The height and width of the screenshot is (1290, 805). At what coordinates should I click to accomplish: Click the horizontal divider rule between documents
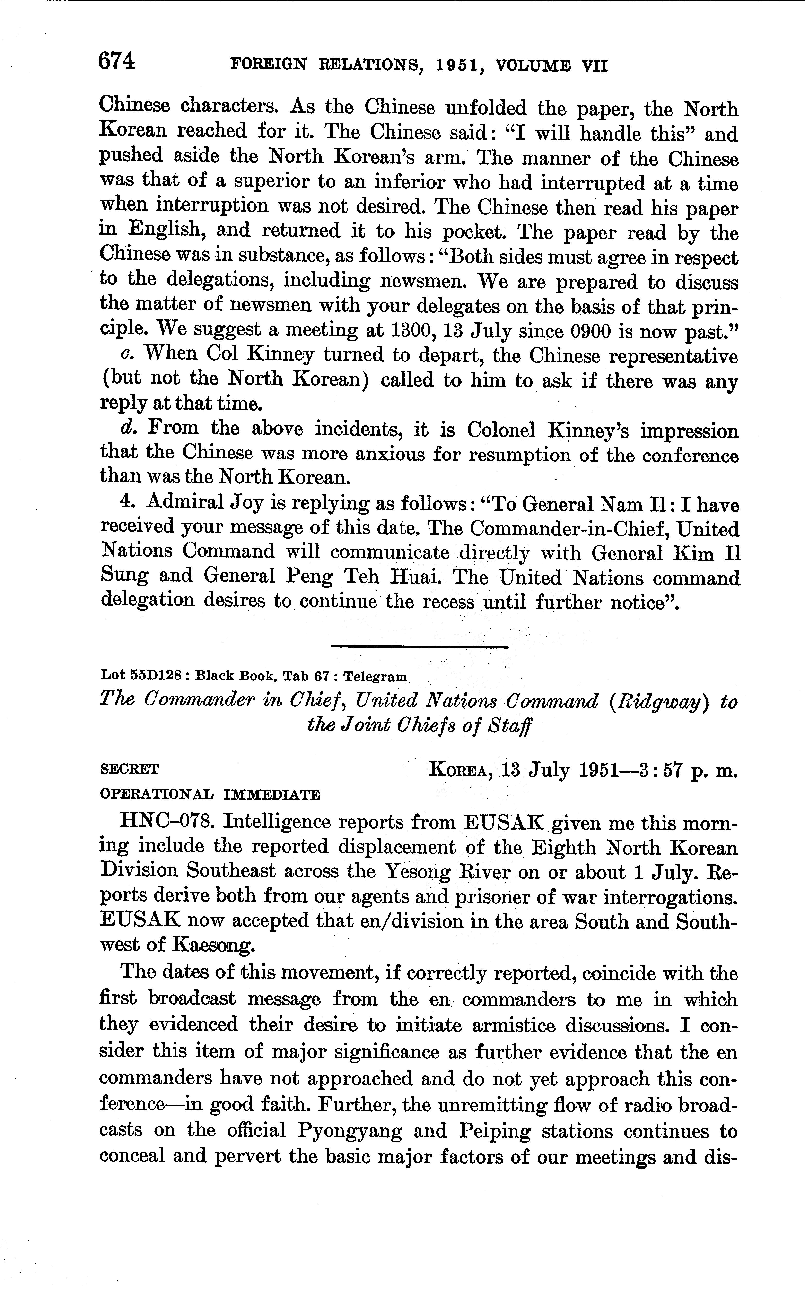420,647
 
